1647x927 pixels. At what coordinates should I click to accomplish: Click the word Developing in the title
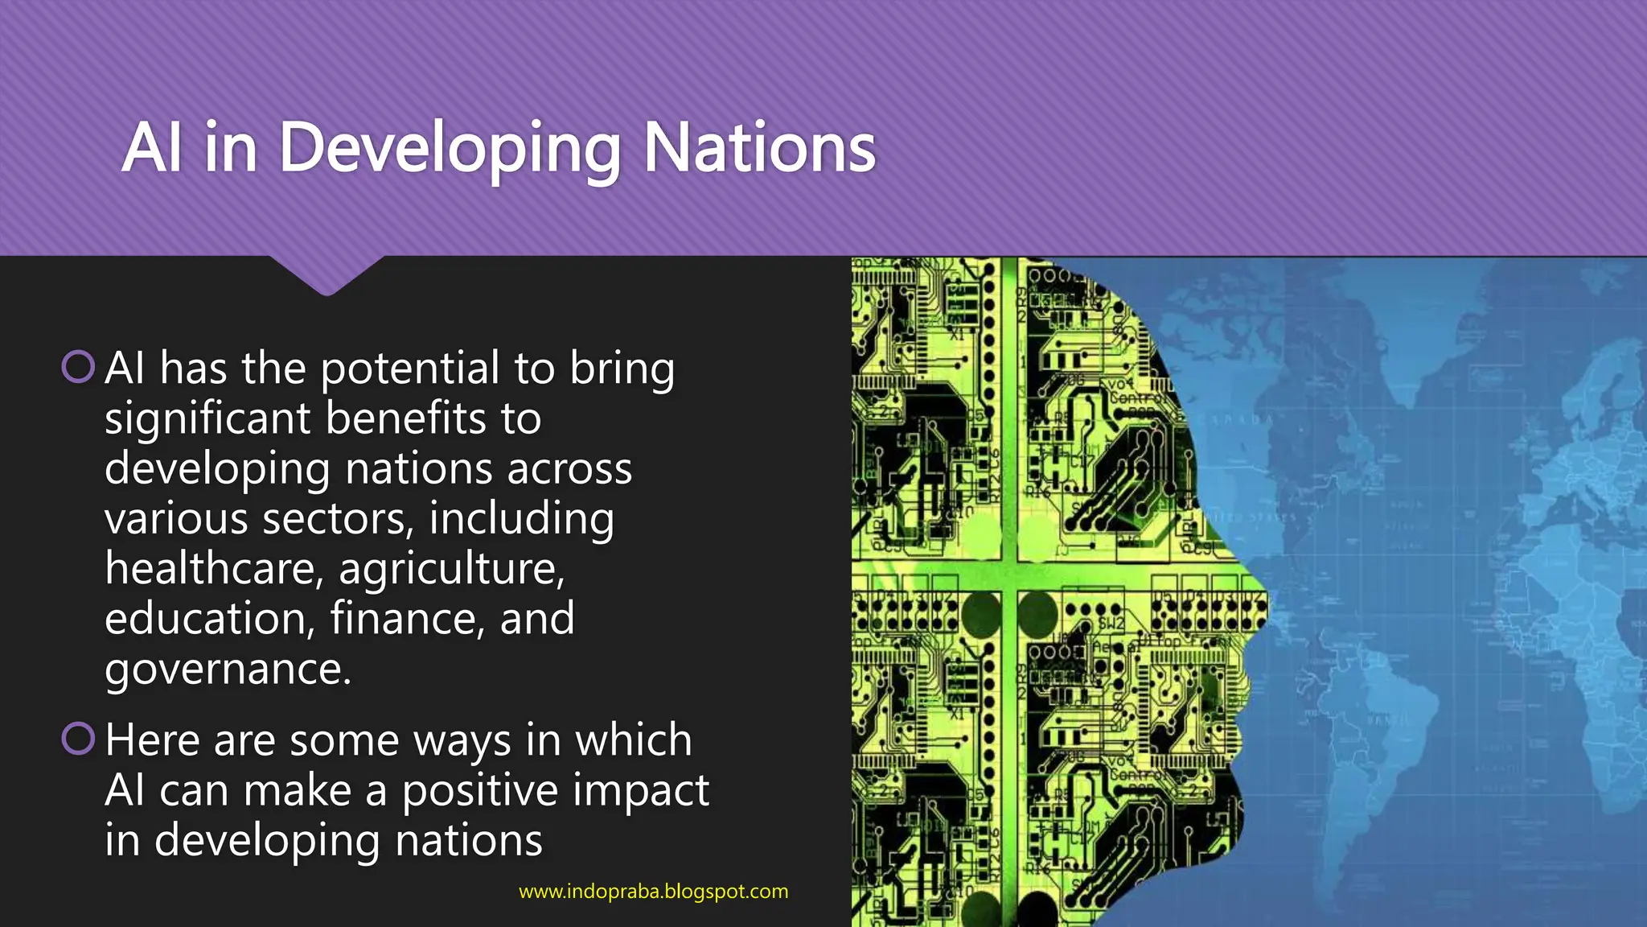(x=450, y=149)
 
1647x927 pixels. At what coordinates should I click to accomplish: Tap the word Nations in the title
(x=759, y=149)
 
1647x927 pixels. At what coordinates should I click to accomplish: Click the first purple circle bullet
(x=78, y=367)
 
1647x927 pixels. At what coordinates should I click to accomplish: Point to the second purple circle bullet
(x=78, y=739)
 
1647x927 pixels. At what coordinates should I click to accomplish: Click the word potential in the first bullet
(x=410, y=369)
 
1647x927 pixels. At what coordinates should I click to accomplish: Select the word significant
(x=207, y=418)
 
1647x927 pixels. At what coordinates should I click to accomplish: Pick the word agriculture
(x=451, y=570)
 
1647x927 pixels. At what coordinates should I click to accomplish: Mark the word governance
(x=228, y=669)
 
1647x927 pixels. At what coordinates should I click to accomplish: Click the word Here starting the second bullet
(x=151, y=740)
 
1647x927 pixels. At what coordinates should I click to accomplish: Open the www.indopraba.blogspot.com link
(x=653, y=892)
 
